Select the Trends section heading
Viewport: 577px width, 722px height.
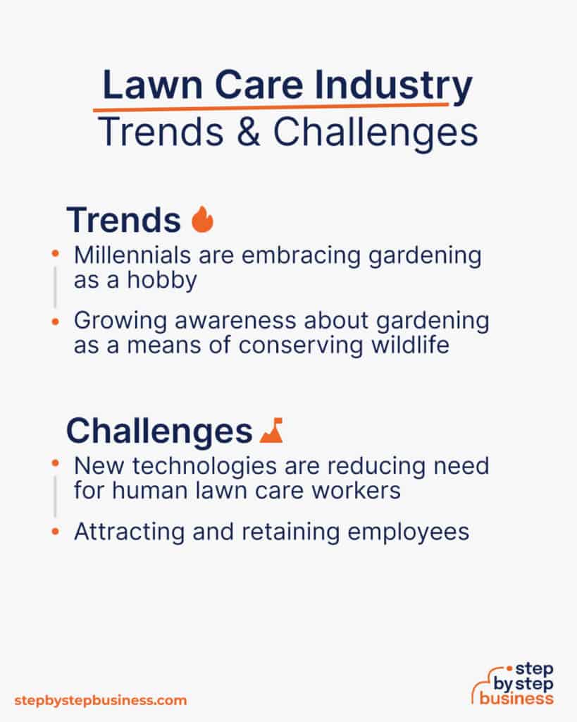(123, 220)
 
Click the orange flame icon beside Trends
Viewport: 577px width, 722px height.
(202, 219)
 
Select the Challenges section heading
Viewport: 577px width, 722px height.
(159, 431)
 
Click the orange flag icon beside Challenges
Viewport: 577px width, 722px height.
(271, 430)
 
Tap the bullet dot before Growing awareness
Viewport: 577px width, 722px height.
(56, 322)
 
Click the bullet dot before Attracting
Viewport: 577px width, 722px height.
(56, 532)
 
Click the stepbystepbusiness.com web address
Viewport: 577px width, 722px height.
(101, 700)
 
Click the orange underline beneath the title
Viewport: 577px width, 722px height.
(271, 107)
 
